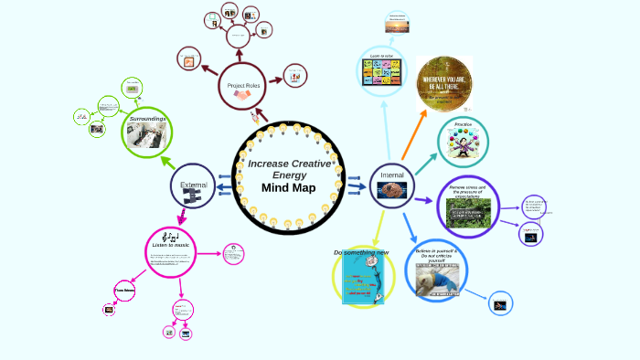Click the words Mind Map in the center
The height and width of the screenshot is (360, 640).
click(x=288, y=188)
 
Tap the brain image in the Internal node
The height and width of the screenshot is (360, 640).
click(x=391, y=190)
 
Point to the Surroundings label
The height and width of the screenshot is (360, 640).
click(x=147, y=120)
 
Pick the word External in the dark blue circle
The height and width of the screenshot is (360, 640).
click(x=194, y=185)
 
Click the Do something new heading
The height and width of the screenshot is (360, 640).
click(x=361, y=252)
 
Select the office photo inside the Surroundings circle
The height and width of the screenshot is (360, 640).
click(x=147, y=137)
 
